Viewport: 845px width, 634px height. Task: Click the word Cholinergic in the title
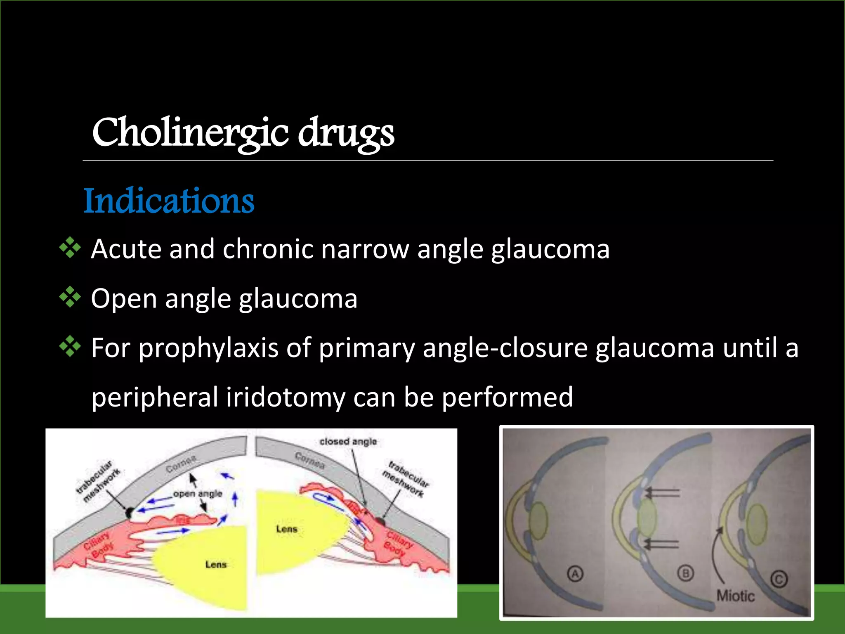coord(190,133)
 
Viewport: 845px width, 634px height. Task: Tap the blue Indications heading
coord(169,201)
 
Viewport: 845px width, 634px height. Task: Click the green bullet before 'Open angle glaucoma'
coord(70,297)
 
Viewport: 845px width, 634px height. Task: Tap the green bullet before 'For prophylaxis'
coord(70,346)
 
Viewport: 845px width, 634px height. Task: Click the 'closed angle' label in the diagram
coord(348,442)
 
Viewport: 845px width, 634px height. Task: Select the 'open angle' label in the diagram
coord(198,494)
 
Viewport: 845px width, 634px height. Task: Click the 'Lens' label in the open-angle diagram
coord(216,564)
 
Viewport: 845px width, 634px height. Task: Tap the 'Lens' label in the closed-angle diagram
coord(286,529)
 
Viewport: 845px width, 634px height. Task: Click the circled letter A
coord(575,574)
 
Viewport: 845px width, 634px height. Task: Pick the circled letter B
coord(686,573)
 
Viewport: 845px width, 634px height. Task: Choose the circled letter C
coord(779,579)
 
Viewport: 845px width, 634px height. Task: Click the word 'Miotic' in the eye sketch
coord(735,596)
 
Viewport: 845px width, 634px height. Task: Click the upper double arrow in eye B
coord(662,492)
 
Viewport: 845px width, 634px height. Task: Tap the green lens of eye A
coord(538,521)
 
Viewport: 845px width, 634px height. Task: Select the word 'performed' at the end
coord(507,397)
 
